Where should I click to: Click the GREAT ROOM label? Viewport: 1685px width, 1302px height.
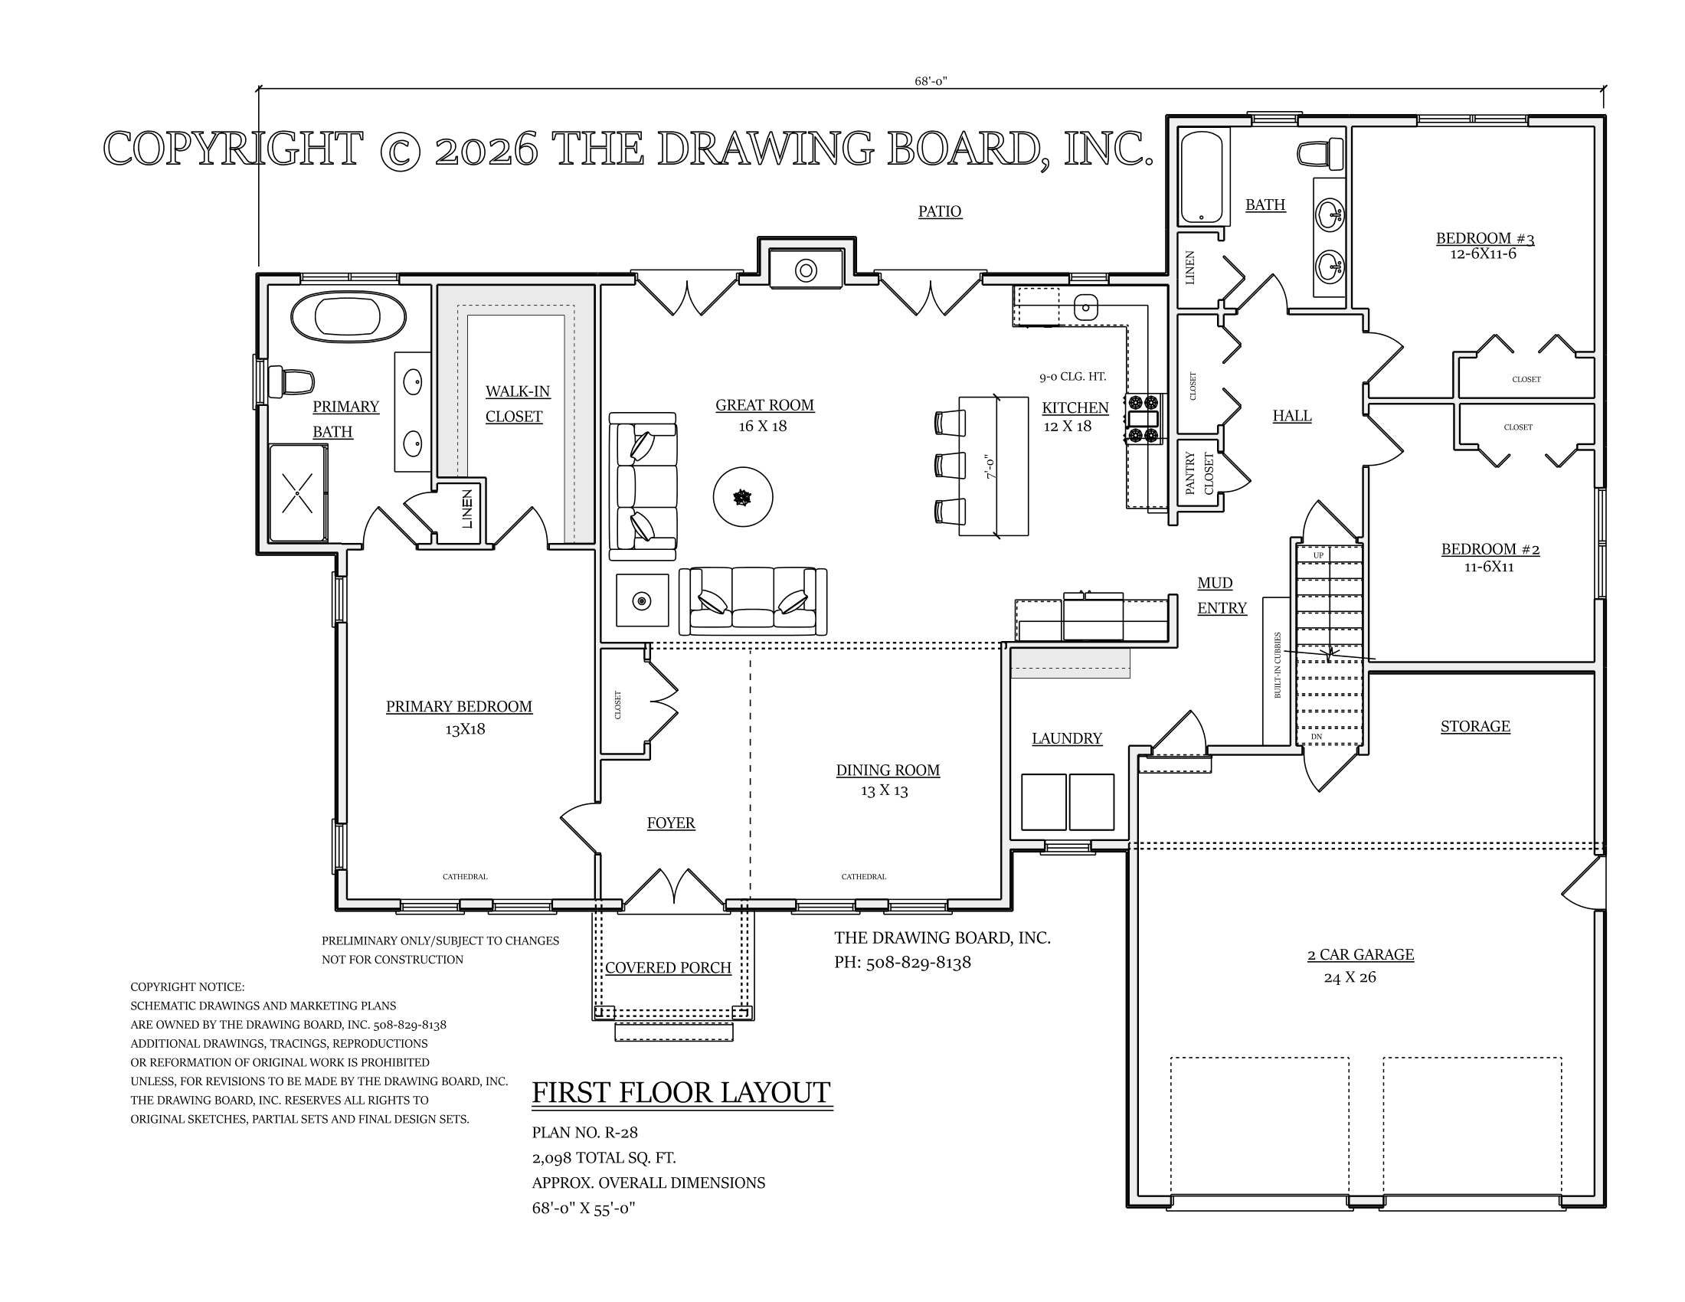[764, 405]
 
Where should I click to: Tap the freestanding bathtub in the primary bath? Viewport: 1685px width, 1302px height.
[348, 316]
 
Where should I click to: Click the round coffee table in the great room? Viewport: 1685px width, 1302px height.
[743, 498]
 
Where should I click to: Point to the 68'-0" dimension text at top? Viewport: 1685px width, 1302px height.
[931, 81]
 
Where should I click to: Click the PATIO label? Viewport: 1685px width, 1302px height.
[940, 211]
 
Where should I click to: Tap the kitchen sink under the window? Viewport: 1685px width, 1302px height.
[1085, 308]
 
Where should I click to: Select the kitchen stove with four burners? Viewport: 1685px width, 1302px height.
[1144, 418]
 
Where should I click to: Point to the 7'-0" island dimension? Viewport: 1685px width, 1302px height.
[991, 467]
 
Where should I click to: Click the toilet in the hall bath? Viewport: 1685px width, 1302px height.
[1320, 154]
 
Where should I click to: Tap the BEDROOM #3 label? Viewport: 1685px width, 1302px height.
[1485, 238]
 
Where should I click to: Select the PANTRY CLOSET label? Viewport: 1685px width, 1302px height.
[1199, 473]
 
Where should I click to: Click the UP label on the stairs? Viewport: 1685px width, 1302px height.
[1319, 555]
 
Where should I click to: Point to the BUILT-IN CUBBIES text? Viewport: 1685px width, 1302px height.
[1278, 665]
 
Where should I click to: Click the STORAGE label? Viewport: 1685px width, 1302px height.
[1475, 727]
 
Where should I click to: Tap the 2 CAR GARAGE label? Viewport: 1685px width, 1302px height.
[1360, 955]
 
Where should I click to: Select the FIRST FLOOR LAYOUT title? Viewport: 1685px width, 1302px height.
[681, 1093]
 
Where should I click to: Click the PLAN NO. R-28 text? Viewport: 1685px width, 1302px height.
[585, 1132]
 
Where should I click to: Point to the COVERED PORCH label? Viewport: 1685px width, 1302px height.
[668, 968]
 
